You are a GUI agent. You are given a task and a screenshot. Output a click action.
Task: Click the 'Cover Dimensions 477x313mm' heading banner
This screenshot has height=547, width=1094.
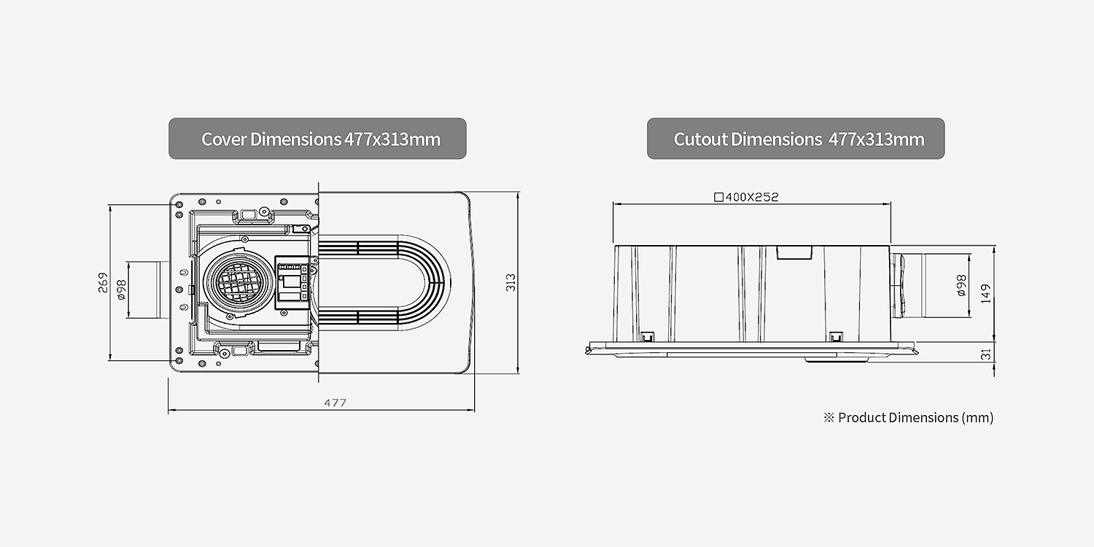(x=317, y=139)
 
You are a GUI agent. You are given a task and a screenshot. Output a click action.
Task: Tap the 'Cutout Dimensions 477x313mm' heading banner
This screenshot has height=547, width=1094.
(x=796, y=139)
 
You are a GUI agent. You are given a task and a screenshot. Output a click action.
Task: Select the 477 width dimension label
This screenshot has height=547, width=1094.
(x=335, y=403)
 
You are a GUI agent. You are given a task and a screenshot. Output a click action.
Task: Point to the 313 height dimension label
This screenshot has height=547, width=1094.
(x=511, y=282)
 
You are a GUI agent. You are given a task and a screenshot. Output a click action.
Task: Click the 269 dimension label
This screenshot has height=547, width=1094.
(x=103, y=283)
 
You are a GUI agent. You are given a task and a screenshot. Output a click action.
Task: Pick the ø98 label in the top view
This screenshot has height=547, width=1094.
(x=121, y=290)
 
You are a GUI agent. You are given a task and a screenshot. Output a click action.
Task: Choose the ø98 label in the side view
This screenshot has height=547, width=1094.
(x=961, y=285)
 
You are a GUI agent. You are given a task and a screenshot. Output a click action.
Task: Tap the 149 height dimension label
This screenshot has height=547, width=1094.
(x=985, y=293)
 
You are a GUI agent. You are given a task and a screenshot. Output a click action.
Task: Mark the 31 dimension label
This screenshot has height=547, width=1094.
(x=986, y=354)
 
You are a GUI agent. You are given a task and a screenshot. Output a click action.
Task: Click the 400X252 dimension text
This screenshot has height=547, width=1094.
(x=752, y=198)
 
